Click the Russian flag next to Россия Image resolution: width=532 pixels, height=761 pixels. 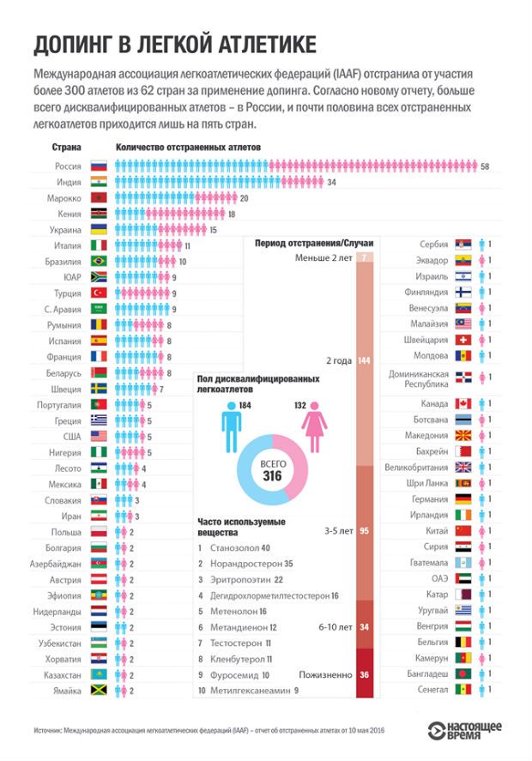(99, 166)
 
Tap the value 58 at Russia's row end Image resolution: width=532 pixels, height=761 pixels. (486, 166)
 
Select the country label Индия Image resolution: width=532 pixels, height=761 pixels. (69, 182)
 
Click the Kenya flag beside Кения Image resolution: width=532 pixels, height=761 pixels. (99, 214)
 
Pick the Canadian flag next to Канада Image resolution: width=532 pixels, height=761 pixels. (464, 404)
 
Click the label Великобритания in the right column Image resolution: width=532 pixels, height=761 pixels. (416, 468)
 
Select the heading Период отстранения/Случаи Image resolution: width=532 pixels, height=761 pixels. (310, 243)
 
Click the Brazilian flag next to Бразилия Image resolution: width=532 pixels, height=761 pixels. (99, 262)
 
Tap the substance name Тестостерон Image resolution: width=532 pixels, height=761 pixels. (239, 643)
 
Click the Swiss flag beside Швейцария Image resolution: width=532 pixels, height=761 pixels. (464, 340)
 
